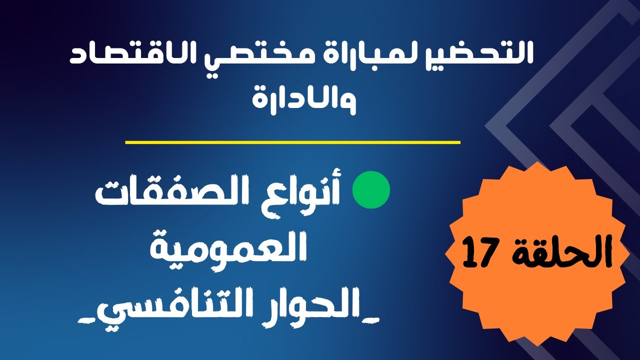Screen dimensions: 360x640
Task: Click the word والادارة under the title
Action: click(x=305, y=98)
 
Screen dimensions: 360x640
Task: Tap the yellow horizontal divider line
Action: click(x=292, y=142)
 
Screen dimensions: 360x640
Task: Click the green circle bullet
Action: click(x=371, y=190)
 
